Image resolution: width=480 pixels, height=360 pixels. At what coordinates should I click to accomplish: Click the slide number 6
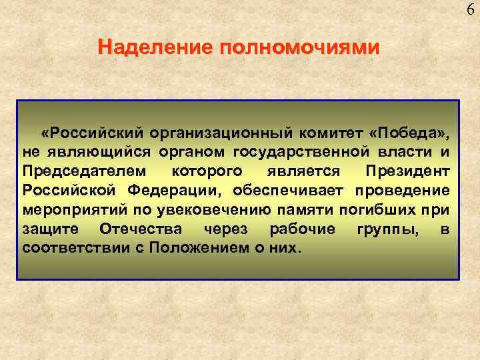pyautogui.click(x=471, y=9)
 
